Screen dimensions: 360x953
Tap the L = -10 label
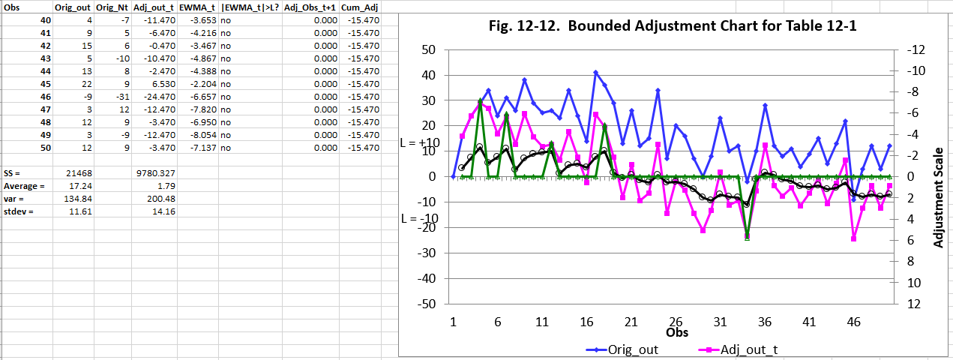419,219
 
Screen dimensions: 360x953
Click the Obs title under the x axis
673,331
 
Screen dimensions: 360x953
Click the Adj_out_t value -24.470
159,97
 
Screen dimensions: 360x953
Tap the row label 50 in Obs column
46,148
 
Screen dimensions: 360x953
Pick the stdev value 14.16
163,211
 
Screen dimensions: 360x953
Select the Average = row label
23,186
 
